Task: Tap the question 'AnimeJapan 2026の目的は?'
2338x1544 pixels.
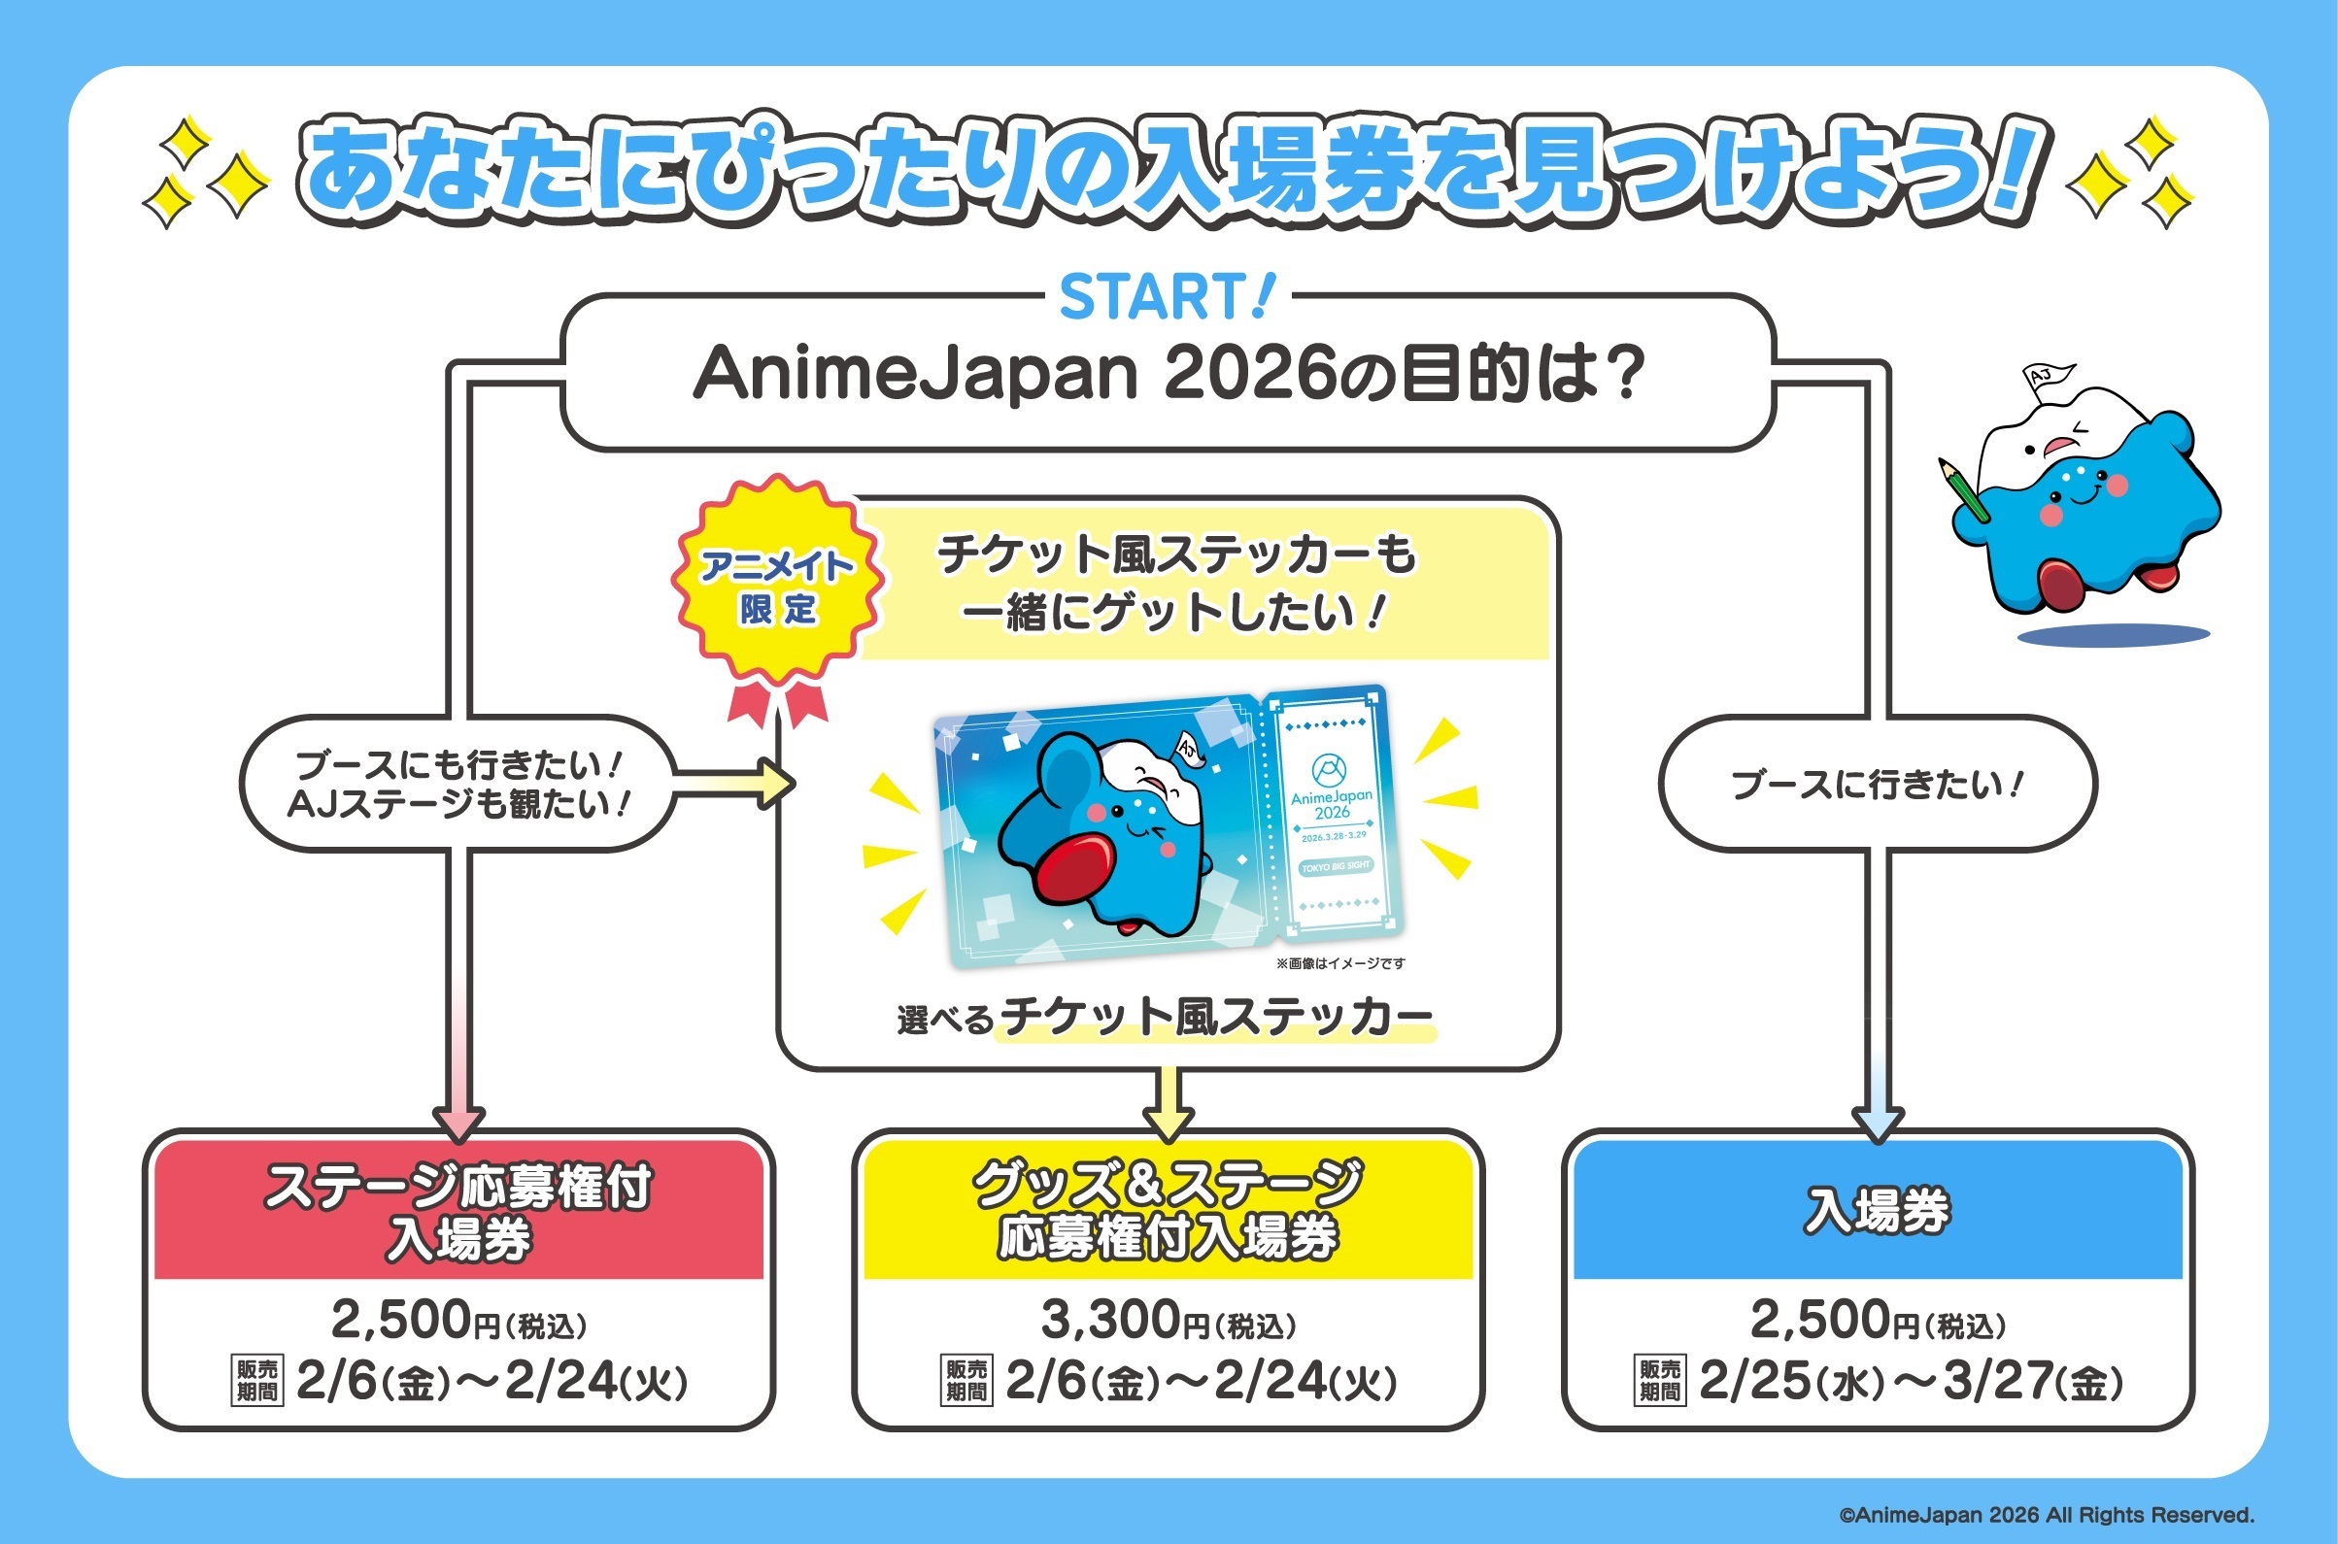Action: tap(1168, 375)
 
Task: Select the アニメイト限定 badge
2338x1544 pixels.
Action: tap(777, 587)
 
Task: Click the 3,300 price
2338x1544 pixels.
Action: tap(1111, 1320)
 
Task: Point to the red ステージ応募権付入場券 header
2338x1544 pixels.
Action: tap(458, 1211)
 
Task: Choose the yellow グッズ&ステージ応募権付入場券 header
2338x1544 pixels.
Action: tap(1168, 1210)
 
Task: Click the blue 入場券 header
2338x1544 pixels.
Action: tap(1877, 1210)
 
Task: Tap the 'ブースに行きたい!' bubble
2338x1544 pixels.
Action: tap(1877, 784)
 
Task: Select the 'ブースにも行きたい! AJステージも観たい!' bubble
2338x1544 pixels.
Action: tap(457, 784)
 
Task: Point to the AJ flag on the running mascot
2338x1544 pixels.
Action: tap(2048, 377)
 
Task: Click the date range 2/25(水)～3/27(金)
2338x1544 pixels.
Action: tap(1911, 1382)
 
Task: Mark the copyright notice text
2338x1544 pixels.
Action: tap(2047, 1515)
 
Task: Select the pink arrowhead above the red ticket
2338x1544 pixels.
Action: tap(458, 1123)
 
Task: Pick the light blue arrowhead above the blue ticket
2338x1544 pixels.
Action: tap(1877, 1123)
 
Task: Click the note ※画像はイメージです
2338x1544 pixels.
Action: tap(1340, 963)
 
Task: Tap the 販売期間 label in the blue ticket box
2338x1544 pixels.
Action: tap(1659, 1381)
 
